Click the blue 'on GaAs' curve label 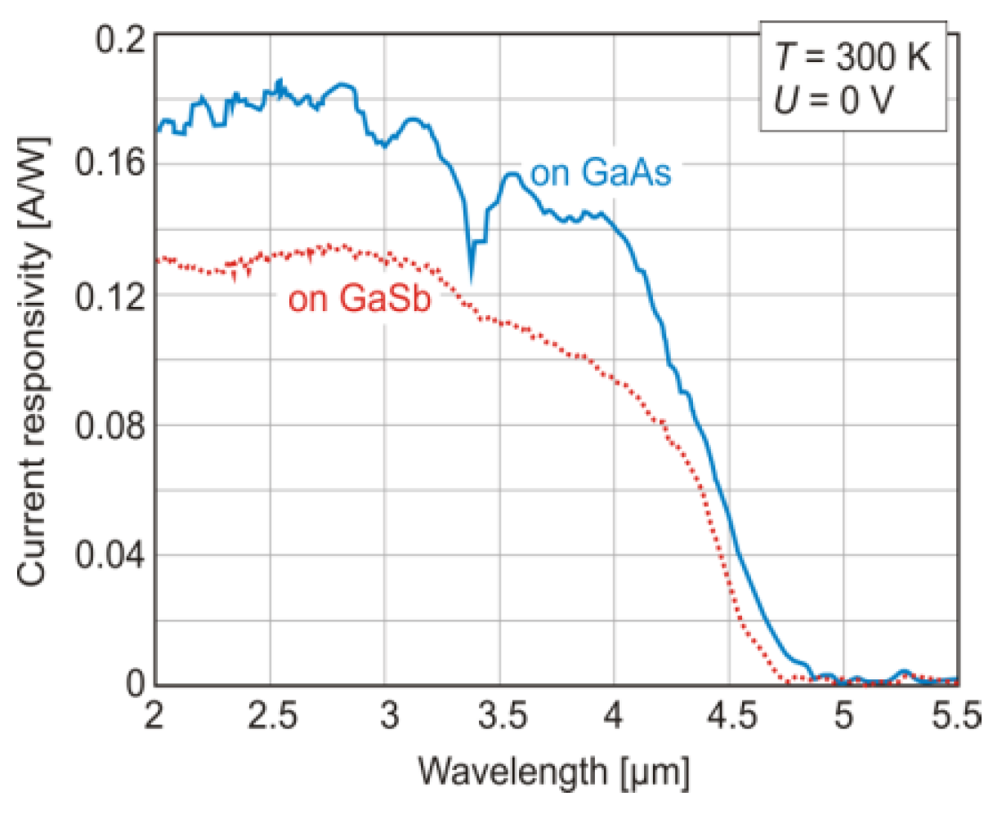tap(601, 173)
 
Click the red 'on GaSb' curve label tap(359, 299)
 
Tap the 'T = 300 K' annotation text tap(852, 59)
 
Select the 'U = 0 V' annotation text tap(833, 101)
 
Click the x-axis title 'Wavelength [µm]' tap(553, 772)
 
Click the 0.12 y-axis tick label tap(110, 296)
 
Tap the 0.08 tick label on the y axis tap(110, 425)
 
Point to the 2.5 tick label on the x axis tap(271, 718)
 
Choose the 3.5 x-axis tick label tap(500, 718)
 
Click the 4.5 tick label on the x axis tap(730, 718)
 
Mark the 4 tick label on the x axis tap(614, 718)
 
